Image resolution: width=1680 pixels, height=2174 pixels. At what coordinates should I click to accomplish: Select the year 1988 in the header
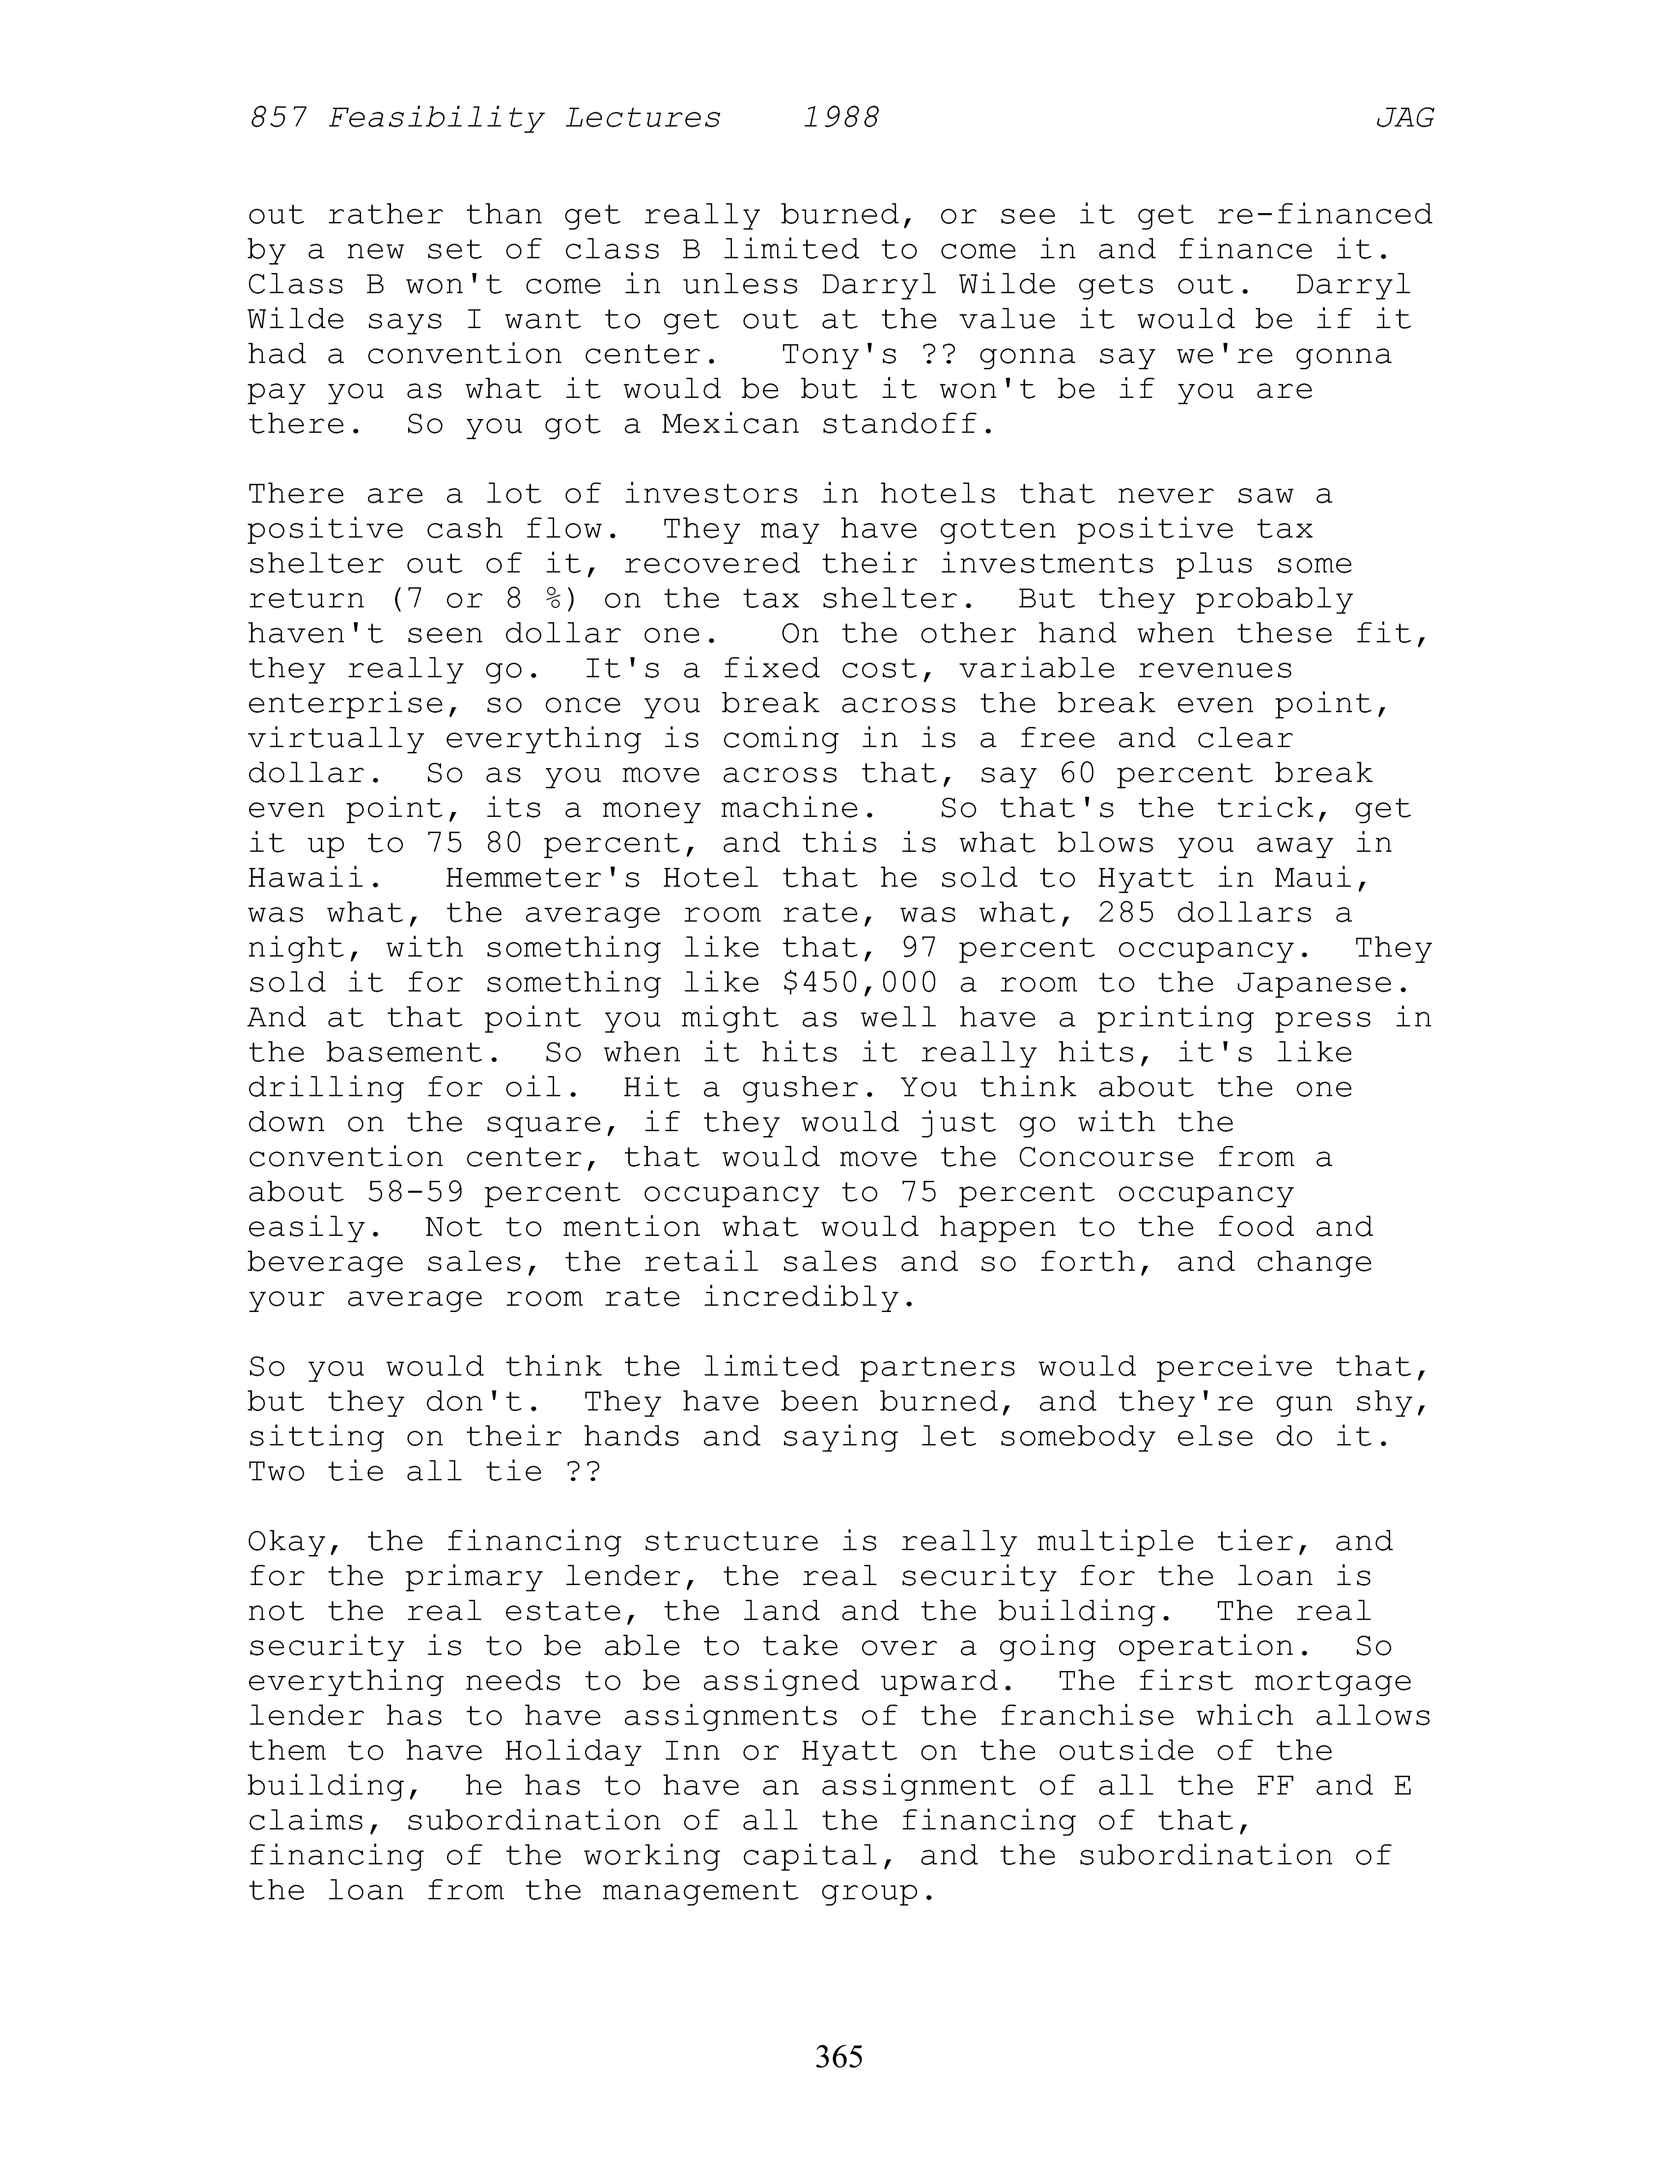[841, 119]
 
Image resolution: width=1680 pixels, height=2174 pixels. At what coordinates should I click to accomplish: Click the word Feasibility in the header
[436, 119]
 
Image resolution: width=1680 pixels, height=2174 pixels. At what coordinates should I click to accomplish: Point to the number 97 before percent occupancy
[918, 949]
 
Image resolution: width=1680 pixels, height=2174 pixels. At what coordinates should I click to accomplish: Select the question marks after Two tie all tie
[582, 1472]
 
